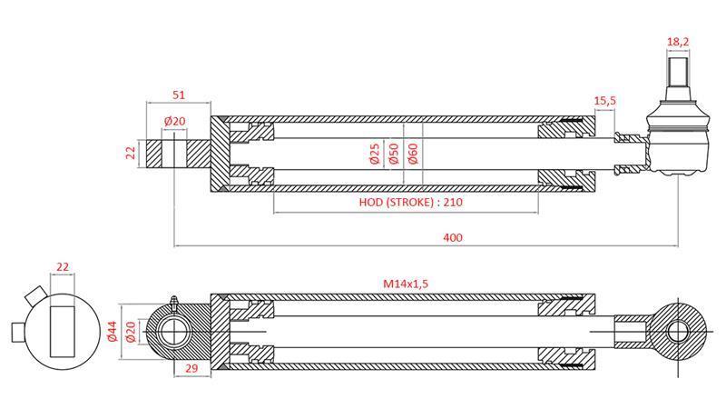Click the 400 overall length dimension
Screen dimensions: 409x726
453,237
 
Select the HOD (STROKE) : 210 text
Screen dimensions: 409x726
406,202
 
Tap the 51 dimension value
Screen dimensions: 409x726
178,95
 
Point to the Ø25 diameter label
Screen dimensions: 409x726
374,154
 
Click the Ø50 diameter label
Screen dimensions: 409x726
393,154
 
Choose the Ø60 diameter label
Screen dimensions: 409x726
413,154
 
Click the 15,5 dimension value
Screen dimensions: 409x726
605,100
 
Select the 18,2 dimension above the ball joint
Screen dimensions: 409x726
679,42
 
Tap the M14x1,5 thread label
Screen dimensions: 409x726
405,284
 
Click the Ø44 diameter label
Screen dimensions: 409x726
112,331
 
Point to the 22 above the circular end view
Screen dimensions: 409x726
63,267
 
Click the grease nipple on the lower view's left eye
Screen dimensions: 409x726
172,299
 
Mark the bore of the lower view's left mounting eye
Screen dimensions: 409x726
174,331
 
